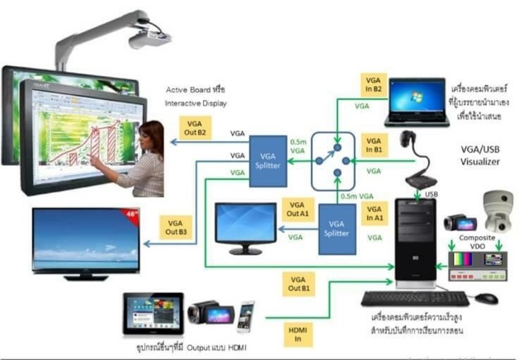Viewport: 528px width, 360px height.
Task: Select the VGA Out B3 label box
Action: pos(176,228)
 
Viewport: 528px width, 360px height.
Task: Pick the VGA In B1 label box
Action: pos(374,145)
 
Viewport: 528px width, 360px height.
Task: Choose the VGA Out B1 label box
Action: pos(298,283)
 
